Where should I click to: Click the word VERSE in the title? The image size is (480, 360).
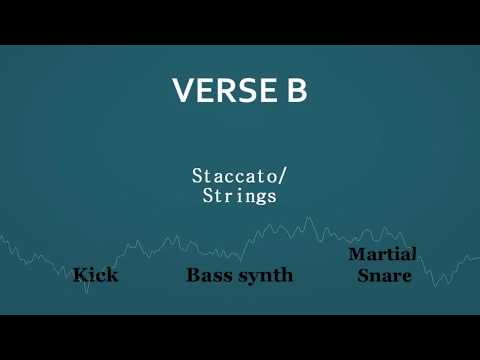[x=218, y=91]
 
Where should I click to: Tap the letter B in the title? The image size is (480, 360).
[x=294, y=91]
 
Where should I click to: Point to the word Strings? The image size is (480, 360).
[x=240, y=196]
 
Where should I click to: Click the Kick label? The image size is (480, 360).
[x=95, y=274]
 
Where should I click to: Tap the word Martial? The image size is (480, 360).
[x=382, y=255]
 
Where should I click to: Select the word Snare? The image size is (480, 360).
[x=384, y=274]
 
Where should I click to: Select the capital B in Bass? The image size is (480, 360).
[x=193, y=274]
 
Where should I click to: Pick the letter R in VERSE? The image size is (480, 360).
[x=219, y=91]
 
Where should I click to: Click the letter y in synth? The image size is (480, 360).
[x=251, y=277]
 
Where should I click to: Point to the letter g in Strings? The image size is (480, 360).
[x=259, y=198]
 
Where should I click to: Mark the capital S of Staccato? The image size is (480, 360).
[x=197, y=176]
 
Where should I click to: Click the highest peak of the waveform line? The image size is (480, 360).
[x=308, y=217]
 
